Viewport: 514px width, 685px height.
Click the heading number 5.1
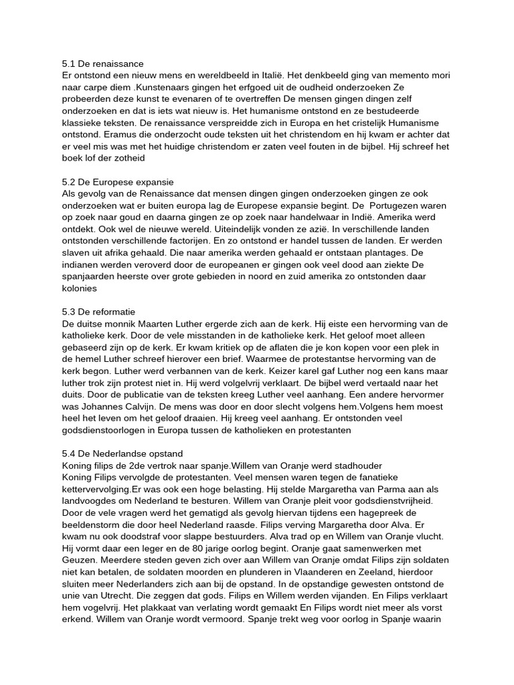click(x=68, y=64)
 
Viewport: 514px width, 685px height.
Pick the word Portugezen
click(x=394, y=205)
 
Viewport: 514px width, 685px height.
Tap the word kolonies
click(x=79, y=288)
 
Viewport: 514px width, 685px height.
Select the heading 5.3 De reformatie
click(x=98, y=312)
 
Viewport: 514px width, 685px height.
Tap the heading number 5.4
click(x=68, y=454)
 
